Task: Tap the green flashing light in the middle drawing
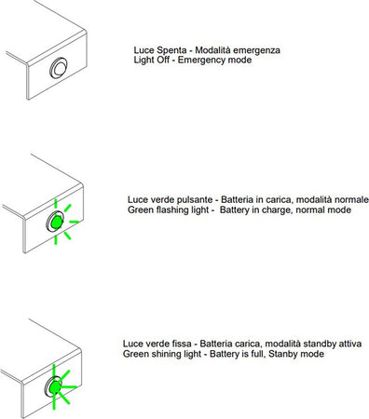click(55, 223)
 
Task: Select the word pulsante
click(195, 200)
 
